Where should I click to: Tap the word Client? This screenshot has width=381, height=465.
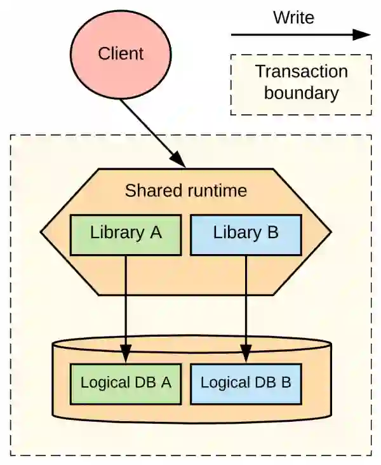[x=120, y=53]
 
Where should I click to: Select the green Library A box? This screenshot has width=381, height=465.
[x=126, y=233]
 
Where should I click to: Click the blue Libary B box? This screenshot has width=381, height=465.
[x=246, y=233]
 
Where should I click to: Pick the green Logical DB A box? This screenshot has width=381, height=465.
[x=126, y=383]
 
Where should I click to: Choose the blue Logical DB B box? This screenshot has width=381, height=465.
[x=246, y=383]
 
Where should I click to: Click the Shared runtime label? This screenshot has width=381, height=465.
[x=185, y=191]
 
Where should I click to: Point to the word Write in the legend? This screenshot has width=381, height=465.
[x=293, y=17]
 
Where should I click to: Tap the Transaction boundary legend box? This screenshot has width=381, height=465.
[x=301, y=84]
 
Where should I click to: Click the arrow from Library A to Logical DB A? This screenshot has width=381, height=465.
[x=126, y=299]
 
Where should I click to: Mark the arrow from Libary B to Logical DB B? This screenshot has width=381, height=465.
[x=246, y=299]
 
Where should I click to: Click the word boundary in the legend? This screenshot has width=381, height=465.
[x=301, y=93]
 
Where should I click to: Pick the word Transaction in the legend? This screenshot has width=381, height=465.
[x=301, y=71]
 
